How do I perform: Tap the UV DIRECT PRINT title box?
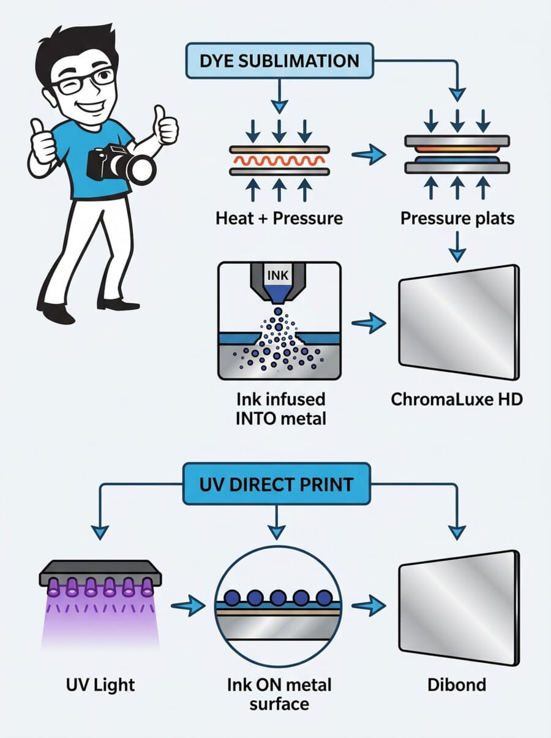click(277, 484)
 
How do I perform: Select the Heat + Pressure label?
click(279, 219)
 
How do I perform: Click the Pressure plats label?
click(457, 219)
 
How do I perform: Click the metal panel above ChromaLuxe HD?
click(458, 320)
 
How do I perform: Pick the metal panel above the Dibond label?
click(458, 607)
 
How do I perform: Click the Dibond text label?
click(457, 683)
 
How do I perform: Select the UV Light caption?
click(99, 683)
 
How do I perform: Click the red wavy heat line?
click(279, 161)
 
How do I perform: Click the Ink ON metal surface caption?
click(279, 693)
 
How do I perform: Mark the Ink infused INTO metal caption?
click(281, 409)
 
